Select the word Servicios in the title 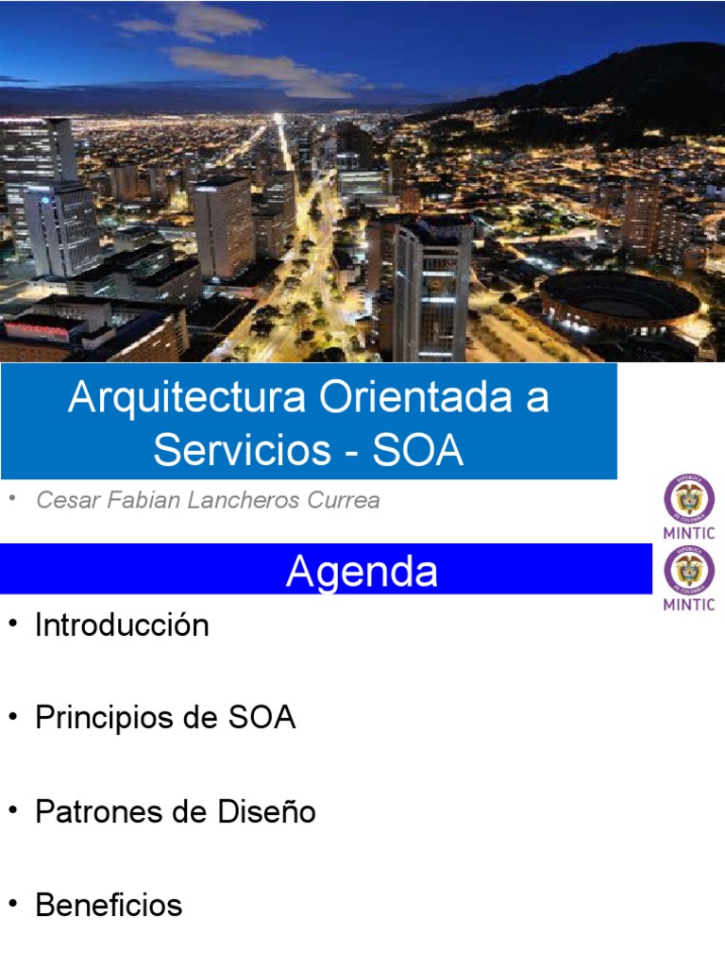tap(239, 450)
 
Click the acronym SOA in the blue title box tap(418, 450)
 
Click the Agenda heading tap(362, 571)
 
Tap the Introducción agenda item tap(122, 625)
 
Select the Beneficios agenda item tap(109, 906)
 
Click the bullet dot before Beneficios tap(12, 906)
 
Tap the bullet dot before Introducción tap(12, 625)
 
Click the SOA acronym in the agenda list tap(262, 718)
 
